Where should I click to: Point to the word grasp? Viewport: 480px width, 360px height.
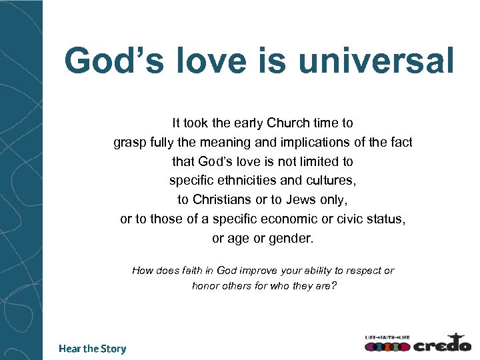coord(129,143)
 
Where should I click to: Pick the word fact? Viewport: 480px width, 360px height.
coord(401,143)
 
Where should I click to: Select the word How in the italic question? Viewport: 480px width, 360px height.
coord(143,271)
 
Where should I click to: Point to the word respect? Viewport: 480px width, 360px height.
coord(361,271)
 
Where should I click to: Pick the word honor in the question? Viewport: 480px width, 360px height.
coord(205,286)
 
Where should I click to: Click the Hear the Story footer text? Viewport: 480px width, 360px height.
coord(92,349)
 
